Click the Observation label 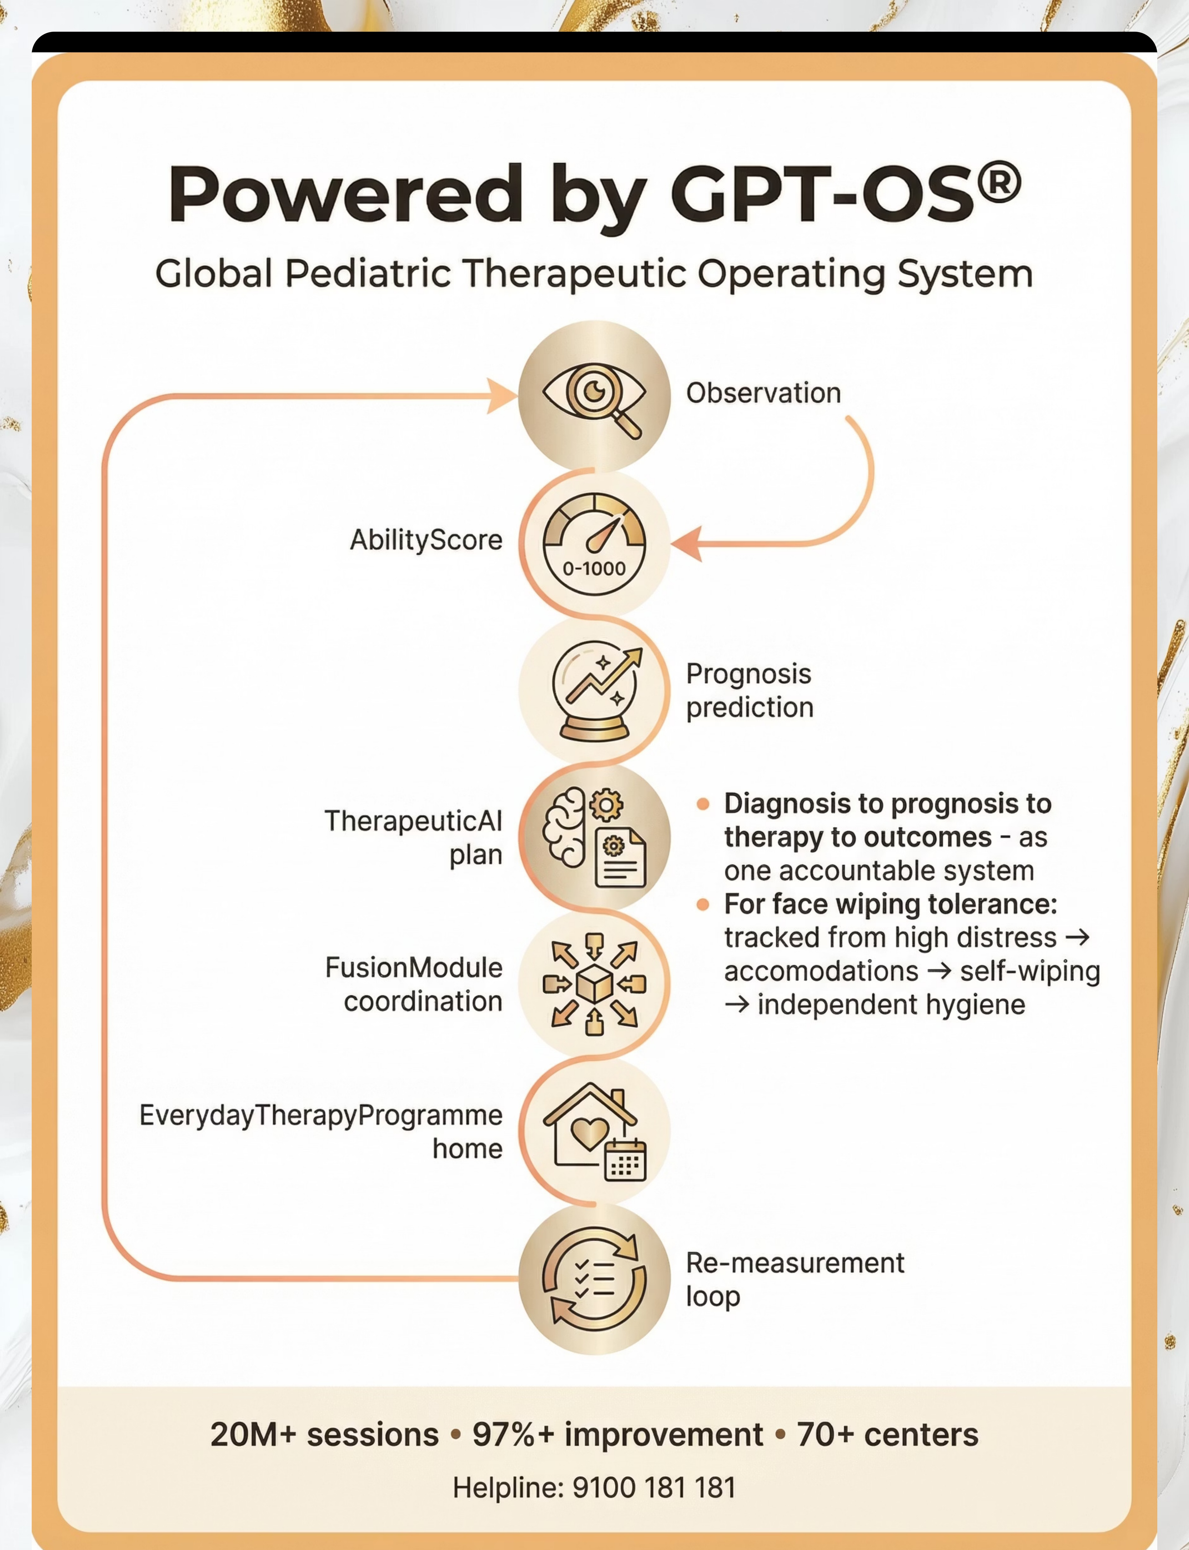pos(763,393)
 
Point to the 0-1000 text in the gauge pos(594,568)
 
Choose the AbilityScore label pos(426,540)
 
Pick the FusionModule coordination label pos(414,984)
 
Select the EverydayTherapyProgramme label pos(321,1115)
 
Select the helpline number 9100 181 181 pos(654,1487)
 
